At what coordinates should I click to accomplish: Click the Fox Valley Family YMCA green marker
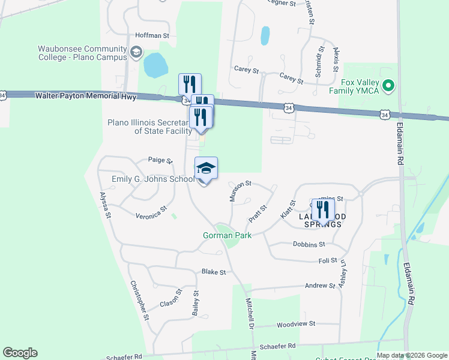(x=388, y=86)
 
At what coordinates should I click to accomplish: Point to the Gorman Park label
(x=226, y=235)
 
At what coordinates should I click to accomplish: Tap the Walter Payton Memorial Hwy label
(x=85, y=96)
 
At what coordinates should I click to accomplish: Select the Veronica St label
(x=151, y=213)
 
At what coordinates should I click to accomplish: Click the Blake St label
(x=213, y=272)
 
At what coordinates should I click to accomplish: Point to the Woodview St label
(x=295, y=324)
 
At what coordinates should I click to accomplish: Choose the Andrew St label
(x=319, y=286)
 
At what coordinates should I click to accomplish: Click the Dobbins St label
(x=309, y=244)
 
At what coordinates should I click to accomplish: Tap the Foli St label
(x=327, y=261)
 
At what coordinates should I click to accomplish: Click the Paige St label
(x=160, y=161)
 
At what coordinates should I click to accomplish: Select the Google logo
(x=20, y=353)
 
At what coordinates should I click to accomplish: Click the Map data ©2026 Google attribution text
(x=412, y=355)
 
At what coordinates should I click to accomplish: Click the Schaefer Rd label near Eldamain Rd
(x=279, y=346)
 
